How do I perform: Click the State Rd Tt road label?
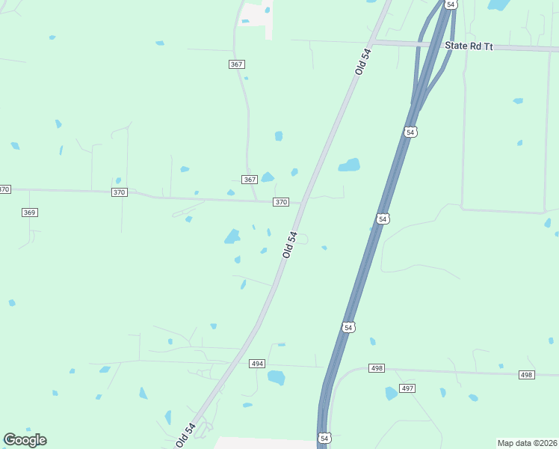coord(469,46)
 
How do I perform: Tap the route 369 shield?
coord(29,213)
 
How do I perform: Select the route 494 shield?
coord(257,363)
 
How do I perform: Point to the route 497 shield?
coord(407,388)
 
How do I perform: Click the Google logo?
coord(25,440)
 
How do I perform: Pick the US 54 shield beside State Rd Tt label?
coord(450,4)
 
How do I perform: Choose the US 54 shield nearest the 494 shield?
coord(348,327)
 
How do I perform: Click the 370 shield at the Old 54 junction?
coord(281,202)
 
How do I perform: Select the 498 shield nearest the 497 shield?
coord(376,368)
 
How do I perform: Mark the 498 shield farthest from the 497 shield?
coord(527,374)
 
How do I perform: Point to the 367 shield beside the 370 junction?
coord(250,180)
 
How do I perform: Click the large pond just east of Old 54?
coord(349,165)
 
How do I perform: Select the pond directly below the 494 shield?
coord(277,378)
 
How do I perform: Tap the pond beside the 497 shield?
coord(391,393)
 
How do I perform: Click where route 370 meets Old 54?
coord(303,203)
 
